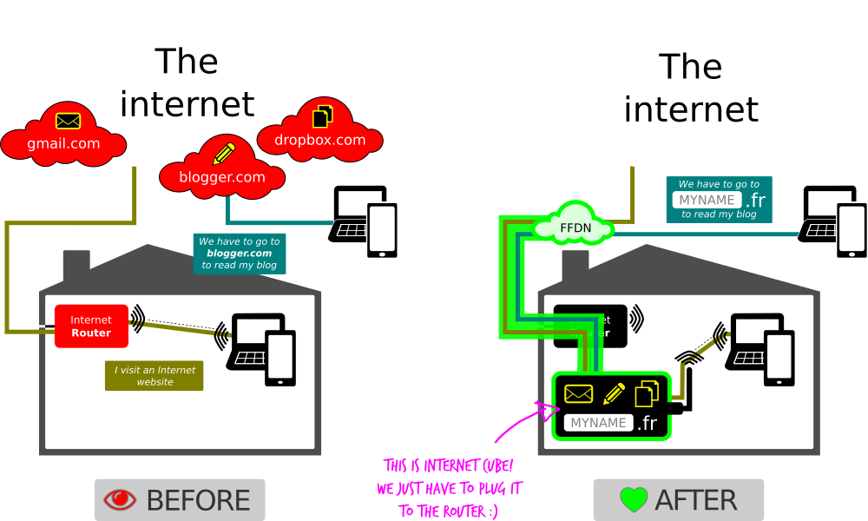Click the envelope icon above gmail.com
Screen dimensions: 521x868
coord(68,121)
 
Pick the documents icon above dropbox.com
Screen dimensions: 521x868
coord(323,115)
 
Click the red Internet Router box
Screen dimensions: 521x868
coord(91,326)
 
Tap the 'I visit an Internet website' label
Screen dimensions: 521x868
coord(155,375)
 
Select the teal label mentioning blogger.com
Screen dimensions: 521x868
coord(239,253)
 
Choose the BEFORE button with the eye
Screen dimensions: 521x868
coord(180,500)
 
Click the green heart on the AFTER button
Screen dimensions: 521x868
coord(634,500)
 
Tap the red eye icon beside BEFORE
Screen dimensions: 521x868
coord(120,500)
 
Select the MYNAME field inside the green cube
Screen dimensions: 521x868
coord(598,423)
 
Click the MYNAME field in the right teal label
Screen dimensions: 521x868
coord(707,200)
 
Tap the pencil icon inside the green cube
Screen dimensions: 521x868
coord(614,393)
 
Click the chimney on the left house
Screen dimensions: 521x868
coord(76,262)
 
